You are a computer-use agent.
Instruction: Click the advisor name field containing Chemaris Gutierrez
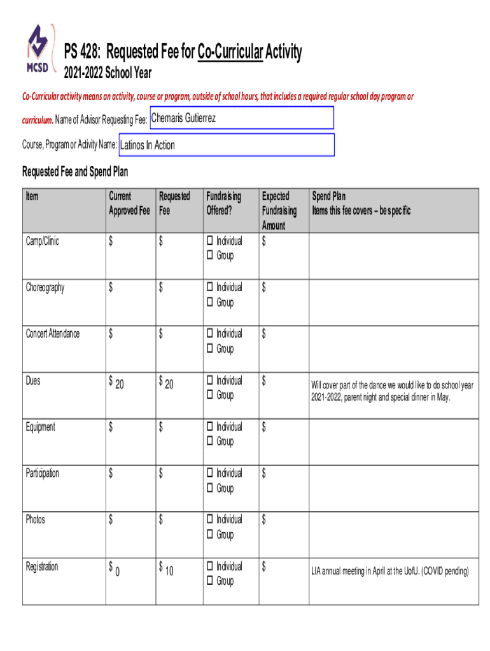[242, 118]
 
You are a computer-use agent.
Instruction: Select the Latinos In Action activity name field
[227, 145]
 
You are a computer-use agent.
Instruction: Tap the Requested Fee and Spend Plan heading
[75, 172]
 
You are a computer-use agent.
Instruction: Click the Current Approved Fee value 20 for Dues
[120, 384]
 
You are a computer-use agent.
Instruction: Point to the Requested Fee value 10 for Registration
[169, 572]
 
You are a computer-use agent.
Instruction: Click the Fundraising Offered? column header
[223, 203]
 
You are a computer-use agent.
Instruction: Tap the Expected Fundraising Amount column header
[279, 211]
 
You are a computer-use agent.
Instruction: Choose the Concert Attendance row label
[53, 334]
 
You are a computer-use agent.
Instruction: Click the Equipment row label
[40, 427]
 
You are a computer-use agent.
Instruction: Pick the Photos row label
[36, 520]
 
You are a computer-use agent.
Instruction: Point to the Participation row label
[43, 474]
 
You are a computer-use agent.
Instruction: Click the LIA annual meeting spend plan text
[389, 572]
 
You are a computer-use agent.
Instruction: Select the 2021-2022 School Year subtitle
[108, 74]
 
